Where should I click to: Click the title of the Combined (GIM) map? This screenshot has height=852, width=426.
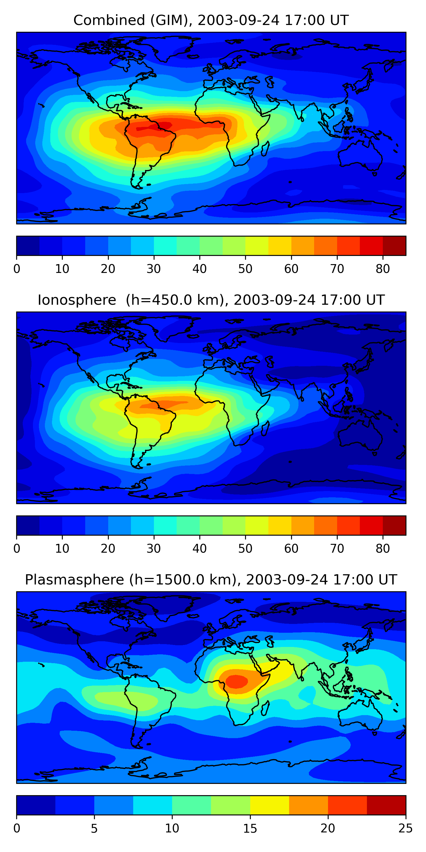tap(211, 20)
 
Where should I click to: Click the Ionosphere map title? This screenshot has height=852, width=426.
tap(211, 300)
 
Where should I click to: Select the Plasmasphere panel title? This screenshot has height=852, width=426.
tap(211, 580)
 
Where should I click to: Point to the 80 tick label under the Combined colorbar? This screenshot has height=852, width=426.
tap(383, 269)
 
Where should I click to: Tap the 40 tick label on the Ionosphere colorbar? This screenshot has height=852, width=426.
tap(199, 548)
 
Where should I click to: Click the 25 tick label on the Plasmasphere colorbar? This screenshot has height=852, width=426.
tap(406, 828)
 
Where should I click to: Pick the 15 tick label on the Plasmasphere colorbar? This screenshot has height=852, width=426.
tap(250, 828)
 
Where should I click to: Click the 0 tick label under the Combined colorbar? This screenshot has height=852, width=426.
tap(17, 269)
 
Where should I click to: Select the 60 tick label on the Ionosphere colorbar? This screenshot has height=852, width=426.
tap(291, 548)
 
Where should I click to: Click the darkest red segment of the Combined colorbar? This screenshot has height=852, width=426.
tap(394, 246)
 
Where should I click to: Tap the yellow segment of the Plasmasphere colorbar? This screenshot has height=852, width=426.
tap(270, 805)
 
